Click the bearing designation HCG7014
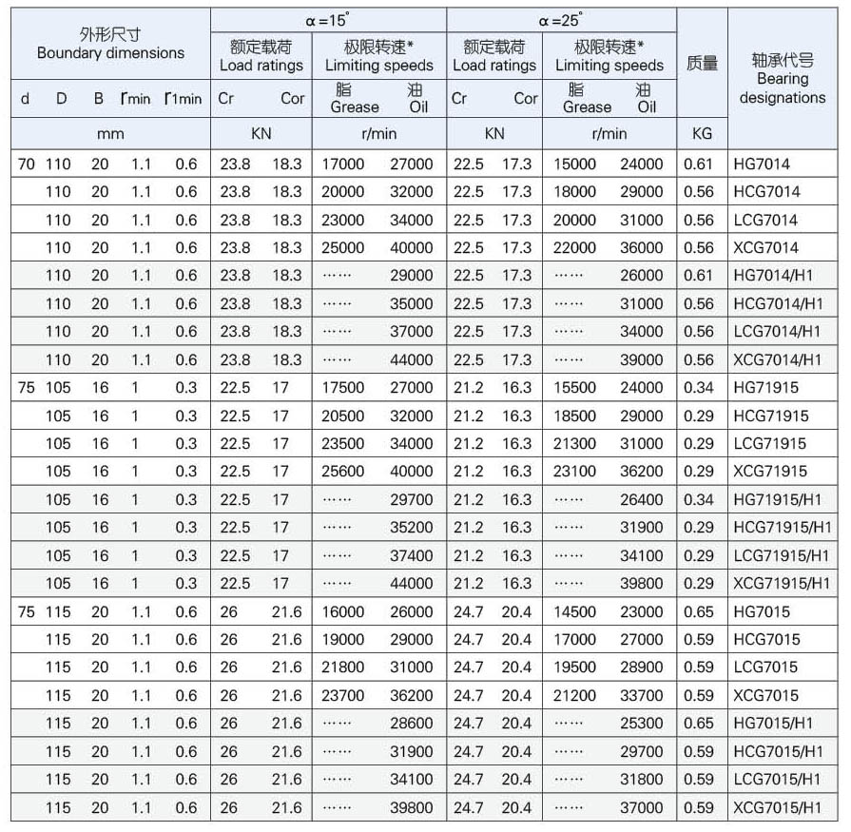click(766, 192)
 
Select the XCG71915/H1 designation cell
click(783, 584)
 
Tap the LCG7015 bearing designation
click(766, 668)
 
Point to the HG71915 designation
click(766, 388)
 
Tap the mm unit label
click(110, 134)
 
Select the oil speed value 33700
click(642, 696)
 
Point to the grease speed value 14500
click(574, 612)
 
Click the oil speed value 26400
click(642, 500)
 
